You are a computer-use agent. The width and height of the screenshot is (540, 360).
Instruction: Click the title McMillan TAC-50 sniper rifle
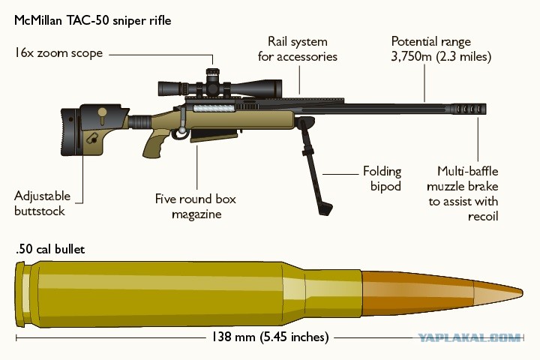tap(93, 21)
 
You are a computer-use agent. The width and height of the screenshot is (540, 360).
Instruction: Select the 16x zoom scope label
tap(58, 53)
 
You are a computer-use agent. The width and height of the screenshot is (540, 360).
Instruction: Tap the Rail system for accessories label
tap(298, 49)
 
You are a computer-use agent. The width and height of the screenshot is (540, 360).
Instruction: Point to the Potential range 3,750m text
tap(441, 49)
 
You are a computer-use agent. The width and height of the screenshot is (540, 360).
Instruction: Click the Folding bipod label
tap(382, 178)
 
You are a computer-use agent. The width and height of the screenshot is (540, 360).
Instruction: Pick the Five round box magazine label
tap(196, 206)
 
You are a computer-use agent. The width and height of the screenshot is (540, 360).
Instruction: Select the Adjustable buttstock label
tap(42, 203)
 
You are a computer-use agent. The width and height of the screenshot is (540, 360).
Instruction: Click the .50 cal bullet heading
tap(50, 249)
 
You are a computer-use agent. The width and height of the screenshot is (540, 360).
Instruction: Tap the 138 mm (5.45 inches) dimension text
tap(270, 337)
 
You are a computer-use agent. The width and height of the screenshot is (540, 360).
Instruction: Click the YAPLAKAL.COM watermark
tap(469, 337)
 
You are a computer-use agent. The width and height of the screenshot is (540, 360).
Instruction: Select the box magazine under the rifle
tap(214, 135)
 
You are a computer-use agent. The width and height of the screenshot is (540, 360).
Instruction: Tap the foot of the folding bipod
tap(325, 208)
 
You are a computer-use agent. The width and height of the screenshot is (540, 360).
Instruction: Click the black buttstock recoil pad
tap(69, 132)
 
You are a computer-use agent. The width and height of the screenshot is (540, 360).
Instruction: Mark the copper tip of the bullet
tap(499, 292)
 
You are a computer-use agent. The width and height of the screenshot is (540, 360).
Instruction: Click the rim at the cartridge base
tap(20, 295)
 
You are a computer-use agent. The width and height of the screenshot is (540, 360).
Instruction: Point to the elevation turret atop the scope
tap(212, 73)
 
